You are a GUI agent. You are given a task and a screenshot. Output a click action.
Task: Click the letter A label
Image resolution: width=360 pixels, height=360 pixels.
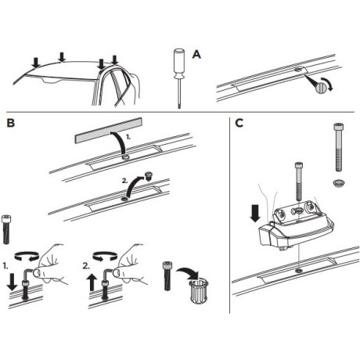[196, 53]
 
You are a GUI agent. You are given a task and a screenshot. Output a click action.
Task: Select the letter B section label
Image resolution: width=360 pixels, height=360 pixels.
[10, 123]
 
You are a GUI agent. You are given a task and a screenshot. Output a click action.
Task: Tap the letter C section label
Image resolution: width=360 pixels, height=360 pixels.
[239, 123]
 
